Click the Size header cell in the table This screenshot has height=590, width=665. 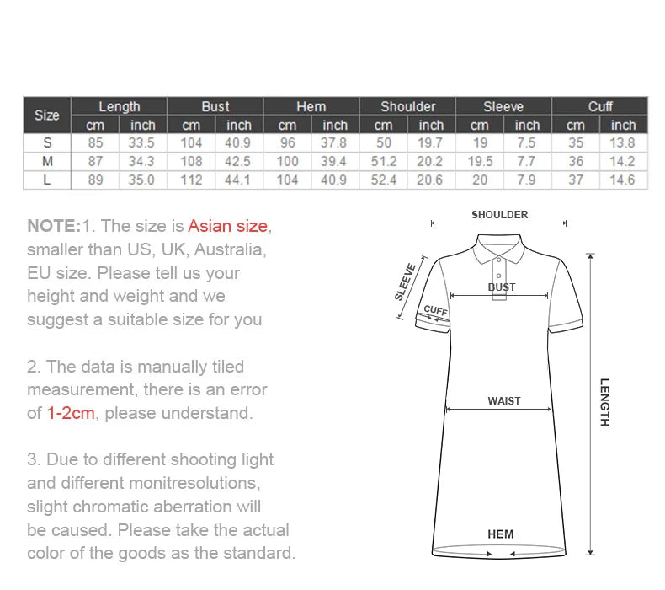coord(47,115)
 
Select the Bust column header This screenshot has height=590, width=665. coord(215,106)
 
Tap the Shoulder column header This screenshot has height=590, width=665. coord(407,106)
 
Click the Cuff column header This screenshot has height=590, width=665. coord(599,106)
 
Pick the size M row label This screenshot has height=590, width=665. coord(47,161)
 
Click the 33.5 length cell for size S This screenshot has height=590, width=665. coord(142,142)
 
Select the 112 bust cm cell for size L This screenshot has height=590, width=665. coord(191,180)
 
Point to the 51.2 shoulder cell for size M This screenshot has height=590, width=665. coord(383,161)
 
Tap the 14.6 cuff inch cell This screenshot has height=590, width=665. coord(623,180)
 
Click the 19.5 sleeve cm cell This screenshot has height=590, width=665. coord(479,161)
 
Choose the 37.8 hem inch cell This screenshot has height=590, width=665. coord(335,142)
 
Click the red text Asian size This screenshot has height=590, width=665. coord(227,226)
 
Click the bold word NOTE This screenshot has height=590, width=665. coord(53,226)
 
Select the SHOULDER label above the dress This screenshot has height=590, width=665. coord(499,215)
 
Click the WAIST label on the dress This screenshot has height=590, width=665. coord(503,401)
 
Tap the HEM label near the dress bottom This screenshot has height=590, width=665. coord(500,534)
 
